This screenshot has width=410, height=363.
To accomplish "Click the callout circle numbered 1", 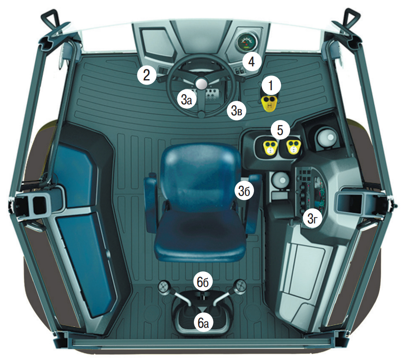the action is pos(270,85).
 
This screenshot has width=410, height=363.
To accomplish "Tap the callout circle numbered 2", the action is pos(147,75).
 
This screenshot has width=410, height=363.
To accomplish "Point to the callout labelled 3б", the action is pos(245,190).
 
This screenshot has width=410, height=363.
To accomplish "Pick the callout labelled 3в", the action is pos(236,111).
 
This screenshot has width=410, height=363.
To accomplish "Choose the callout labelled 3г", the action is pos(312,219).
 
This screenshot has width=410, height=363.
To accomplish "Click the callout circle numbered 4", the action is pos(251,62).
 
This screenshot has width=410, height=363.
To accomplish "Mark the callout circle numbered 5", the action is pos(280,130).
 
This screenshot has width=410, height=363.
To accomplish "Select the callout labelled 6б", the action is pos(203,282).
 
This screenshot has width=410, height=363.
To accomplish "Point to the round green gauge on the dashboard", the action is pos(245,43).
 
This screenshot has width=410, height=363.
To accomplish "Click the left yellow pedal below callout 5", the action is pos(270,147).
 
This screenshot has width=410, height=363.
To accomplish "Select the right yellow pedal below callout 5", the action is pos(293,146).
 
